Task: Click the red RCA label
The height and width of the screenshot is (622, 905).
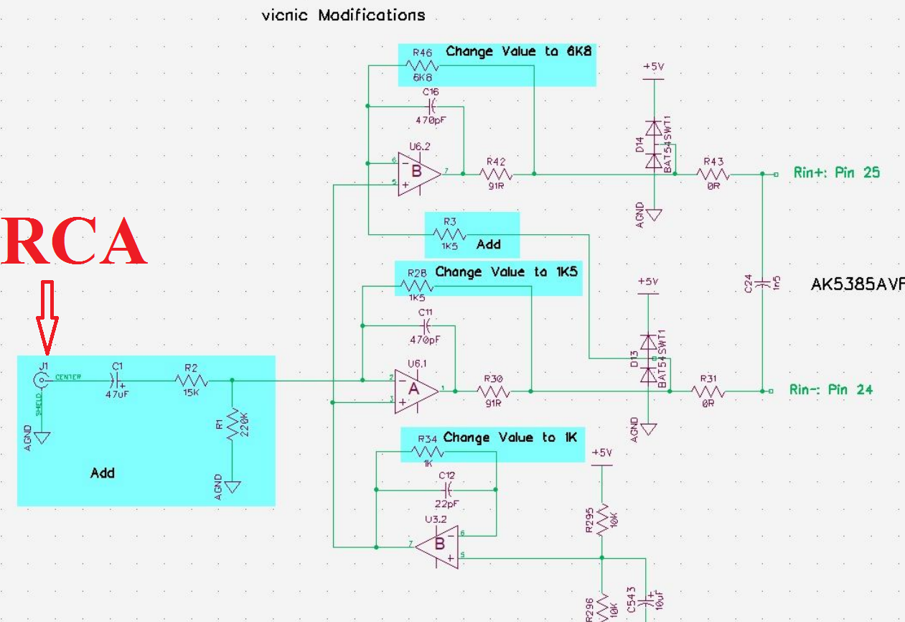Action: [75, 241]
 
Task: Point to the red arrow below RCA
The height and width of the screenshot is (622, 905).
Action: [47, 317]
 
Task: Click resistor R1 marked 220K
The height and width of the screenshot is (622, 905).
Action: [232, 427]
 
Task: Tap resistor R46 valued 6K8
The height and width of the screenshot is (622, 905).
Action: [422, 65]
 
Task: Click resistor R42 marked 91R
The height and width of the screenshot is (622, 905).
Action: [495, 173]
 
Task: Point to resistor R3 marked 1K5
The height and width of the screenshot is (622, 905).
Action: [450, 234]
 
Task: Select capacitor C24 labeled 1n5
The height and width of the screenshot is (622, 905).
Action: [762, 282]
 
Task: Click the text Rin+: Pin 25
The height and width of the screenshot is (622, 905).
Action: [836, 172]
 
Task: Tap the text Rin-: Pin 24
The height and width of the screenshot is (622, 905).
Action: [831, 390]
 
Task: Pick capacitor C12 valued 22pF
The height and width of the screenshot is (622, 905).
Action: [447, 490]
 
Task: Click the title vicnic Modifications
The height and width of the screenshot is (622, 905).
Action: [343, 15]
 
